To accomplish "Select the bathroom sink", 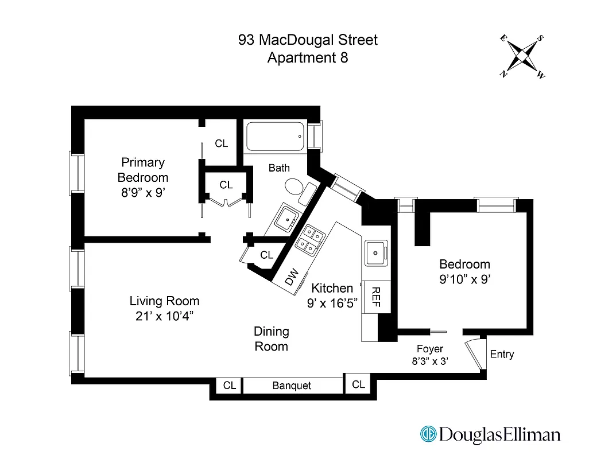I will [x=285, y=217].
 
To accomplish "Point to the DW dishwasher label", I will [x=291, y=279].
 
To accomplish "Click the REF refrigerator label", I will [x=377, y=297].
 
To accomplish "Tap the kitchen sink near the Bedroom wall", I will [x=376, y=252].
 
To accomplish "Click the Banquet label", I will [x=292, y=386].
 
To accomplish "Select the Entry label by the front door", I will [x=502, y=354].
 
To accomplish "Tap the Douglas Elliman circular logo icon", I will [x=428, y=434].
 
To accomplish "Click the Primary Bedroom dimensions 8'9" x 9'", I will [x=143, y=193].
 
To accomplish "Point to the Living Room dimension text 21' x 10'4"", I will [x=164, y=316].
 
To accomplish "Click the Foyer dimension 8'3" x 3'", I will [x=430, y=361].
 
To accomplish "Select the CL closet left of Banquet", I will [x=229, y=386].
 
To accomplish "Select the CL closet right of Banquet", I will [x=358, y=384].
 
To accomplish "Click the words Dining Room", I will [x=272, y=339].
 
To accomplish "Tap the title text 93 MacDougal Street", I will [x=308, y=40].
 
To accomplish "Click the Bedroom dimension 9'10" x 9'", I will [x=464, y=279].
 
